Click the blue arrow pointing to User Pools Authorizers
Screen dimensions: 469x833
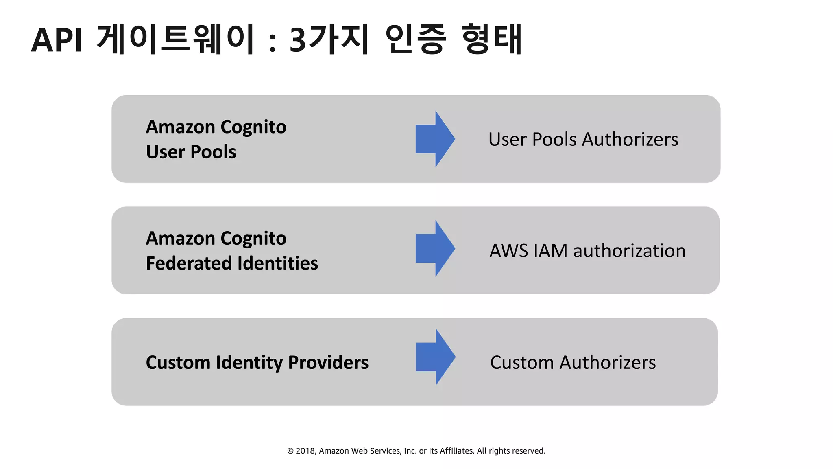click(x=435, y=139)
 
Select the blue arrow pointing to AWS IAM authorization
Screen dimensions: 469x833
click(x=435, y=249)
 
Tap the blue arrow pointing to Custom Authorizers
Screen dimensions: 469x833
click(x=435, y=357)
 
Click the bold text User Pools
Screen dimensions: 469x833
click(x=191, y=152)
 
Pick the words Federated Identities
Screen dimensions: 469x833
click(x=232, y=263)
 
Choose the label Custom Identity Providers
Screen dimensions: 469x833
click(x=257, y=362)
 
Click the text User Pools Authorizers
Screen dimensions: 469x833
click(x=583, y=139)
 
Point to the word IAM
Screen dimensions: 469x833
click(x=550, y=251)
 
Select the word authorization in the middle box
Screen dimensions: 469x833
click(x=629, y=251)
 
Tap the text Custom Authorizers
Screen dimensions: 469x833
click(x=573, y=362)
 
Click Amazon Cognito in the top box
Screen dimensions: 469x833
click(x=216, y=127)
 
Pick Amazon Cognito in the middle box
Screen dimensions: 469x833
click(x=216, y=238)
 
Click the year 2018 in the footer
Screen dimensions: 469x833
click(x=305, y=451)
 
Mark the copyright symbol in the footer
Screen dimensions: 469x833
click(x=290, y=451)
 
